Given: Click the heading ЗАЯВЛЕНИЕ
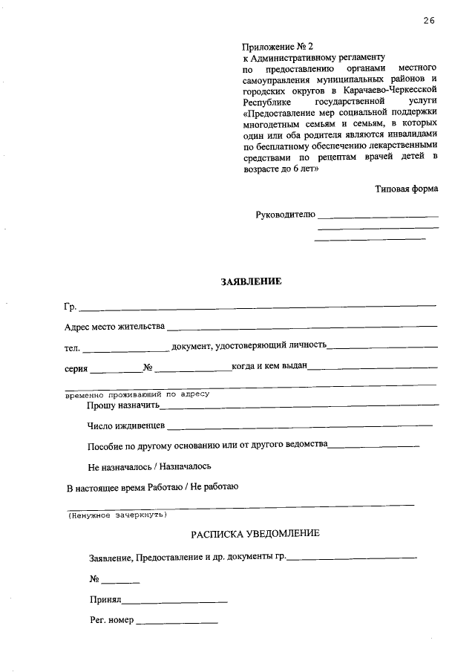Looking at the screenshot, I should pyautogui.click(x=251, y=281).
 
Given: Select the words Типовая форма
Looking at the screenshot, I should pyautogui.click(x=406, y=189).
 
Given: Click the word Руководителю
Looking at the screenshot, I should pyautogui.click(x=285, y=215).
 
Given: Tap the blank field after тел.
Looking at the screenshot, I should pyautogui.click(x=125, y=348).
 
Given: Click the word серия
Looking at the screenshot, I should pyautogui.click(x=76, y=368).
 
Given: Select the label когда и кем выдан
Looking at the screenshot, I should pyautogui.click(x=269, y=367).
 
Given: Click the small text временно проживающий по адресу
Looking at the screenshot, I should pyautogui.click(x=137, y=394).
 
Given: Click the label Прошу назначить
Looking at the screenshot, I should pyautogui.click(x=123, y=405).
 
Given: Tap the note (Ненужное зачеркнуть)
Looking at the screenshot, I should pyautogui.click(x=117, y=515).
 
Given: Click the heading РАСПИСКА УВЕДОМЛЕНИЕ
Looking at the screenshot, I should pyautogui.click(x=255, y=534).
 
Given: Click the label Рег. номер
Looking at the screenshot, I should pyautogui.click(x=111, y=620).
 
